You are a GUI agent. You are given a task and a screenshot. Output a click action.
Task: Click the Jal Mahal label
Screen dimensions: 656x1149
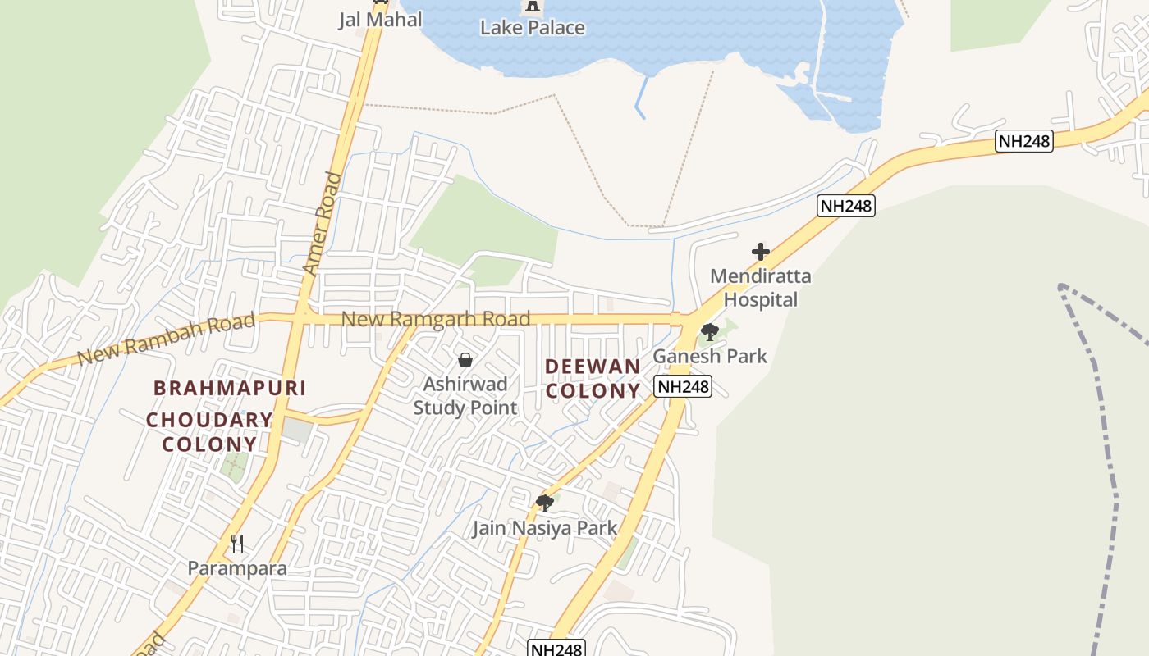coord(380,20)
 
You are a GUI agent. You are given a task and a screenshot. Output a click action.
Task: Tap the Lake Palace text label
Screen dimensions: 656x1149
coord(533,28)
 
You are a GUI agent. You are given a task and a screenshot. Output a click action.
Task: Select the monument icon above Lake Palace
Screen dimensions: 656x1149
coord(533,7)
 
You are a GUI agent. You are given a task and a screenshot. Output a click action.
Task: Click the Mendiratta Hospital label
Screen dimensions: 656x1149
coord(760,288)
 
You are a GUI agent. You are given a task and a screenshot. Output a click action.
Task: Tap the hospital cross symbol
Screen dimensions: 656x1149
coord(761,252)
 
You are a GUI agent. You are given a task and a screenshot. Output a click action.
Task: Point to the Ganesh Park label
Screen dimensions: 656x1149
coord(710,356)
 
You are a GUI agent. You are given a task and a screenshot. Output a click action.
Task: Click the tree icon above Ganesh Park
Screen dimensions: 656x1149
coord(709,332)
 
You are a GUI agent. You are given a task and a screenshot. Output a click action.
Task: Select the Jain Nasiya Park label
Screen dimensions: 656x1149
coord(544,528)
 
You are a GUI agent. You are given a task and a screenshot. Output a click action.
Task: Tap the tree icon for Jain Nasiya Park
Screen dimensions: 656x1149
coord(544,503)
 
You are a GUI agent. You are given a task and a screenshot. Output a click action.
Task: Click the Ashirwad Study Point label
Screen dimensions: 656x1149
coord(465,395)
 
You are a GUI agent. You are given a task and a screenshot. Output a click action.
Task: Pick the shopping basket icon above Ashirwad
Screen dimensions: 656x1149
coord(465,360)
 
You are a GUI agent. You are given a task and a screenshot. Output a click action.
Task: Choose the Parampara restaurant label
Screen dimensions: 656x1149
coord(237,568)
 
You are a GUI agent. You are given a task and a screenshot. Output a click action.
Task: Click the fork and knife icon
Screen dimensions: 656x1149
coord(237,543)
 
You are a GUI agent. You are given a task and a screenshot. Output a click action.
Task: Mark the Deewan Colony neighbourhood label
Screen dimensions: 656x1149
coord(593,379)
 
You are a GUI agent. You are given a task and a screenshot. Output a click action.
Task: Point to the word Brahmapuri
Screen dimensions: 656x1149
coord(230,388)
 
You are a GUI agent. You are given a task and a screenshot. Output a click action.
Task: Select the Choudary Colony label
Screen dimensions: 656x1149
coord(209,432)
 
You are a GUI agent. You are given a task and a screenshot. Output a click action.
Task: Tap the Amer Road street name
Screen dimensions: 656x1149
coord(322,223)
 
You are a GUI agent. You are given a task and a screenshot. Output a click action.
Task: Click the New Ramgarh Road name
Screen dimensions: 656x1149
coord(436,318)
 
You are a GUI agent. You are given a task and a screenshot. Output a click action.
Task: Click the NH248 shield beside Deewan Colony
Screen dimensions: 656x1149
coord(683,386)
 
